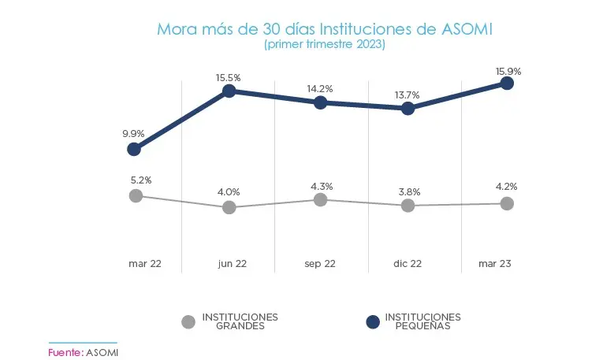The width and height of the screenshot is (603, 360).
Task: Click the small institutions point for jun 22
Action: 229,91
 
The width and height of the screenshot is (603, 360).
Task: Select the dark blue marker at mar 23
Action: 507,83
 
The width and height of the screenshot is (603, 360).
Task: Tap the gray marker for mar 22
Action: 136,195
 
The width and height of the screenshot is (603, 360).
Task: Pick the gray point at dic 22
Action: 408,205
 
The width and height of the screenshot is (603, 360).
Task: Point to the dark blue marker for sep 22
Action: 320,102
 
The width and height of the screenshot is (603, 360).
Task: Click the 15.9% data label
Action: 507,71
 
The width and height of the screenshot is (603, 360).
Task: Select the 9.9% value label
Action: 134,133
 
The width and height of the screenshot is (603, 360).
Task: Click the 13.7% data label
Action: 407,95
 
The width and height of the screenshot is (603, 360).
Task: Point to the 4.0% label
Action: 229,191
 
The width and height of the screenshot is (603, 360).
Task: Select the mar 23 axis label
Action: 496,264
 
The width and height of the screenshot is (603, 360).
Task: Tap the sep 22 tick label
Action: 320,264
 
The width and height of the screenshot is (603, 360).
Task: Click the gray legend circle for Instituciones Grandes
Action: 188,321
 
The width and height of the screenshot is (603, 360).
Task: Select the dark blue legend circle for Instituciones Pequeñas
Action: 374,321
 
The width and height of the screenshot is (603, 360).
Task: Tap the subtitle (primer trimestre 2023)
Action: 324,45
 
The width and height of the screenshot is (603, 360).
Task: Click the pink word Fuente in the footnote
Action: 64,351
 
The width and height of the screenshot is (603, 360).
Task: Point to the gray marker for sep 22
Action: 320,199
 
